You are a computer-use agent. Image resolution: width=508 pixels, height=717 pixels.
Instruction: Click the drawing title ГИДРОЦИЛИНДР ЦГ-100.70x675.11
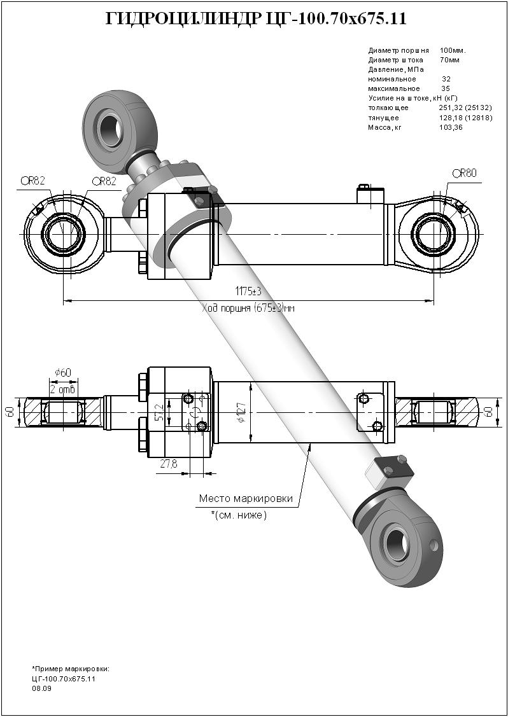(255, 19)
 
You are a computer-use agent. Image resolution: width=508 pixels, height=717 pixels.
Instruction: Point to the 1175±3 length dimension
(249, 291)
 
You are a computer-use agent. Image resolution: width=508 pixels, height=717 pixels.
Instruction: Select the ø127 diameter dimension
(241, 415)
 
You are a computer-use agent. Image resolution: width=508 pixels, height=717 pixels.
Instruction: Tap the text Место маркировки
(246, 499)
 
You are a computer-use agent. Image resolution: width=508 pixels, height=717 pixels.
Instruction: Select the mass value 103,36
(451, 128)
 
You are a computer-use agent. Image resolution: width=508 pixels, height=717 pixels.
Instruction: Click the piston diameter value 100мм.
(453, 50)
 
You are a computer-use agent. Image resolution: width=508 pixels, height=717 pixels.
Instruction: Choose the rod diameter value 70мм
(449, 60)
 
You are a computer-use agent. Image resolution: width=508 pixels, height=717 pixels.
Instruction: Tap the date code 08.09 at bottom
(41, 688)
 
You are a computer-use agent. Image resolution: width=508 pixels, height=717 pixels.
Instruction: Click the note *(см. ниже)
(239, 515)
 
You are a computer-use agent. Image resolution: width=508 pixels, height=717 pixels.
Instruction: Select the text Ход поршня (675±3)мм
(248, 308)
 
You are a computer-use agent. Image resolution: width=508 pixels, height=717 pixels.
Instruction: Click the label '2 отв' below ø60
(63, 389)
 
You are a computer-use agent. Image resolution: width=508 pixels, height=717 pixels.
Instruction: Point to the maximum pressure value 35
(446, 89)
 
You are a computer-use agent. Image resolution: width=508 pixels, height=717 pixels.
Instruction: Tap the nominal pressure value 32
(446, 80)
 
